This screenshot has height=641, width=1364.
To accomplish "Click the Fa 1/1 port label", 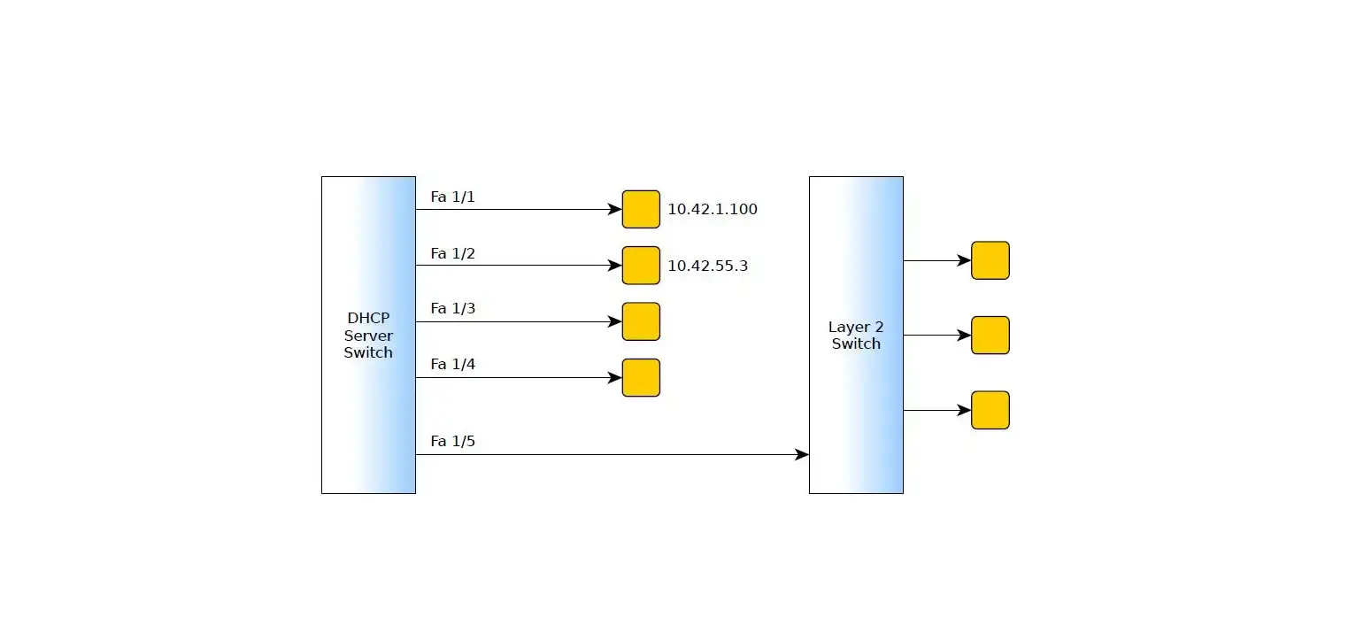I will [452, 197].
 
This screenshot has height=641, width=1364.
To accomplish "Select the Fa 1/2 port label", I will [452, 253].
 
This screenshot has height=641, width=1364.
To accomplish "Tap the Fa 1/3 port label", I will [452, 308].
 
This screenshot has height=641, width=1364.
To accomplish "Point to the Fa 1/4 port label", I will [452, 364].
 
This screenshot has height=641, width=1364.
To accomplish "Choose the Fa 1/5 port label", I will [452, 441].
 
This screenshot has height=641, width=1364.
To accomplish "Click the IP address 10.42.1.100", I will [712, 210].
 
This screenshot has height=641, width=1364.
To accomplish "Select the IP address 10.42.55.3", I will [707, 266].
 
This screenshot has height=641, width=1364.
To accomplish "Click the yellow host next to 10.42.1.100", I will [641, 209].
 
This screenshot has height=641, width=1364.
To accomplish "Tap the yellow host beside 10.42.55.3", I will [641, 266].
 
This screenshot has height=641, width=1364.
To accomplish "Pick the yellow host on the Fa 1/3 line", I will [641, 321].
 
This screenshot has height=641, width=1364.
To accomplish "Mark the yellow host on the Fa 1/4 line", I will [641, 377].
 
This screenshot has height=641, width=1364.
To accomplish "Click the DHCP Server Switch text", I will [368, 335].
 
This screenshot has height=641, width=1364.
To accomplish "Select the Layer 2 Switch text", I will [856, 336].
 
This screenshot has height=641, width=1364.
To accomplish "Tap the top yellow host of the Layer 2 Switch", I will [990, 260].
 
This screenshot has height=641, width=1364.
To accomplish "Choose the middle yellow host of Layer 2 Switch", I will [990, 336].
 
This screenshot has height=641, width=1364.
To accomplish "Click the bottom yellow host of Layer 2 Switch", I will [990, 410].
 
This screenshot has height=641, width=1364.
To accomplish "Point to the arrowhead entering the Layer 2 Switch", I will [802, 455].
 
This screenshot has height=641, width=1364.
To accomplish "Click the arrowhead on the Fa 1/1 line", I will [615, 210].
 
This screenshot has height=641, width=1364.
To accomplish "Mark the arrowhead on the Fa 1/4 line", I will [615, 378].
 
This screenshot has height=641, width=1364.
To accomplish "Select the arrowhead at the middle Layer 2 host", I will [964, 336].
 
